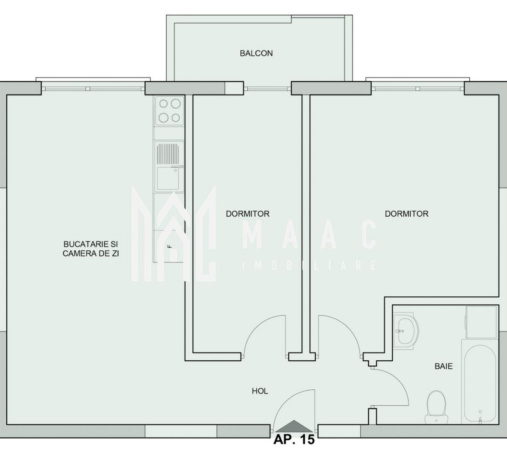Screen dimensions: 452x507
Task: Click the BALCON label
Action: pyautogui.click(x=256, y=53)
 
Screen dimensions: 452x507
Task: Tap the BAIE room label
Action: pyautogui.click(x=443, y=366)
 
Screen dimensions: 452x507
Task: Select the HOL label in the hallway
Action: pyautogui.click(x=260, y=391)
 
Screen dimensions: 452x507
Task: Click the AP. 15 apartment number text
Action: pyautogui.click(x=293, y=440)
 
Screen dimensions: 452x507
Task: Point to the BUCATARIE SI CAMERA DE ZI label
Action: pyautogui.click(x=90, y=248)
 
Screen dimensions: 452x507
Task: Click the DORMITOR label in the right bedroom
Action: pyautogui.click(x=406, y=214)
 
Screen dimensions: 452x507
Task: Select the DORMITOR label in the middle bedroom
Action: pyautogui.click(x=247, y=214)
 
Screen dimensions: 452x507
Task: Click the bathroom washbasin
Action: pyautogui.click(x=405, y=330)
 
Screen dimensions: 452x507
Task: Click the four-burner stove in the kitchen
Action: pyautogui.click(x=169, y=111)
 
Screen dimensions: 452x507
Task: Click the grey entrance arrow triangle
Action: pyautogui.click(x=294, y=426)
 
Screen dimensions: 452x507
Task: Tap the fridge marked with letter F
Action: pyautogui.click(x=169, y=246)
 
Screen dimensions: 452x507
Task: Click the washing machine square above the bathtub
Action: pyautogui.click(x=481, y=322)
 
